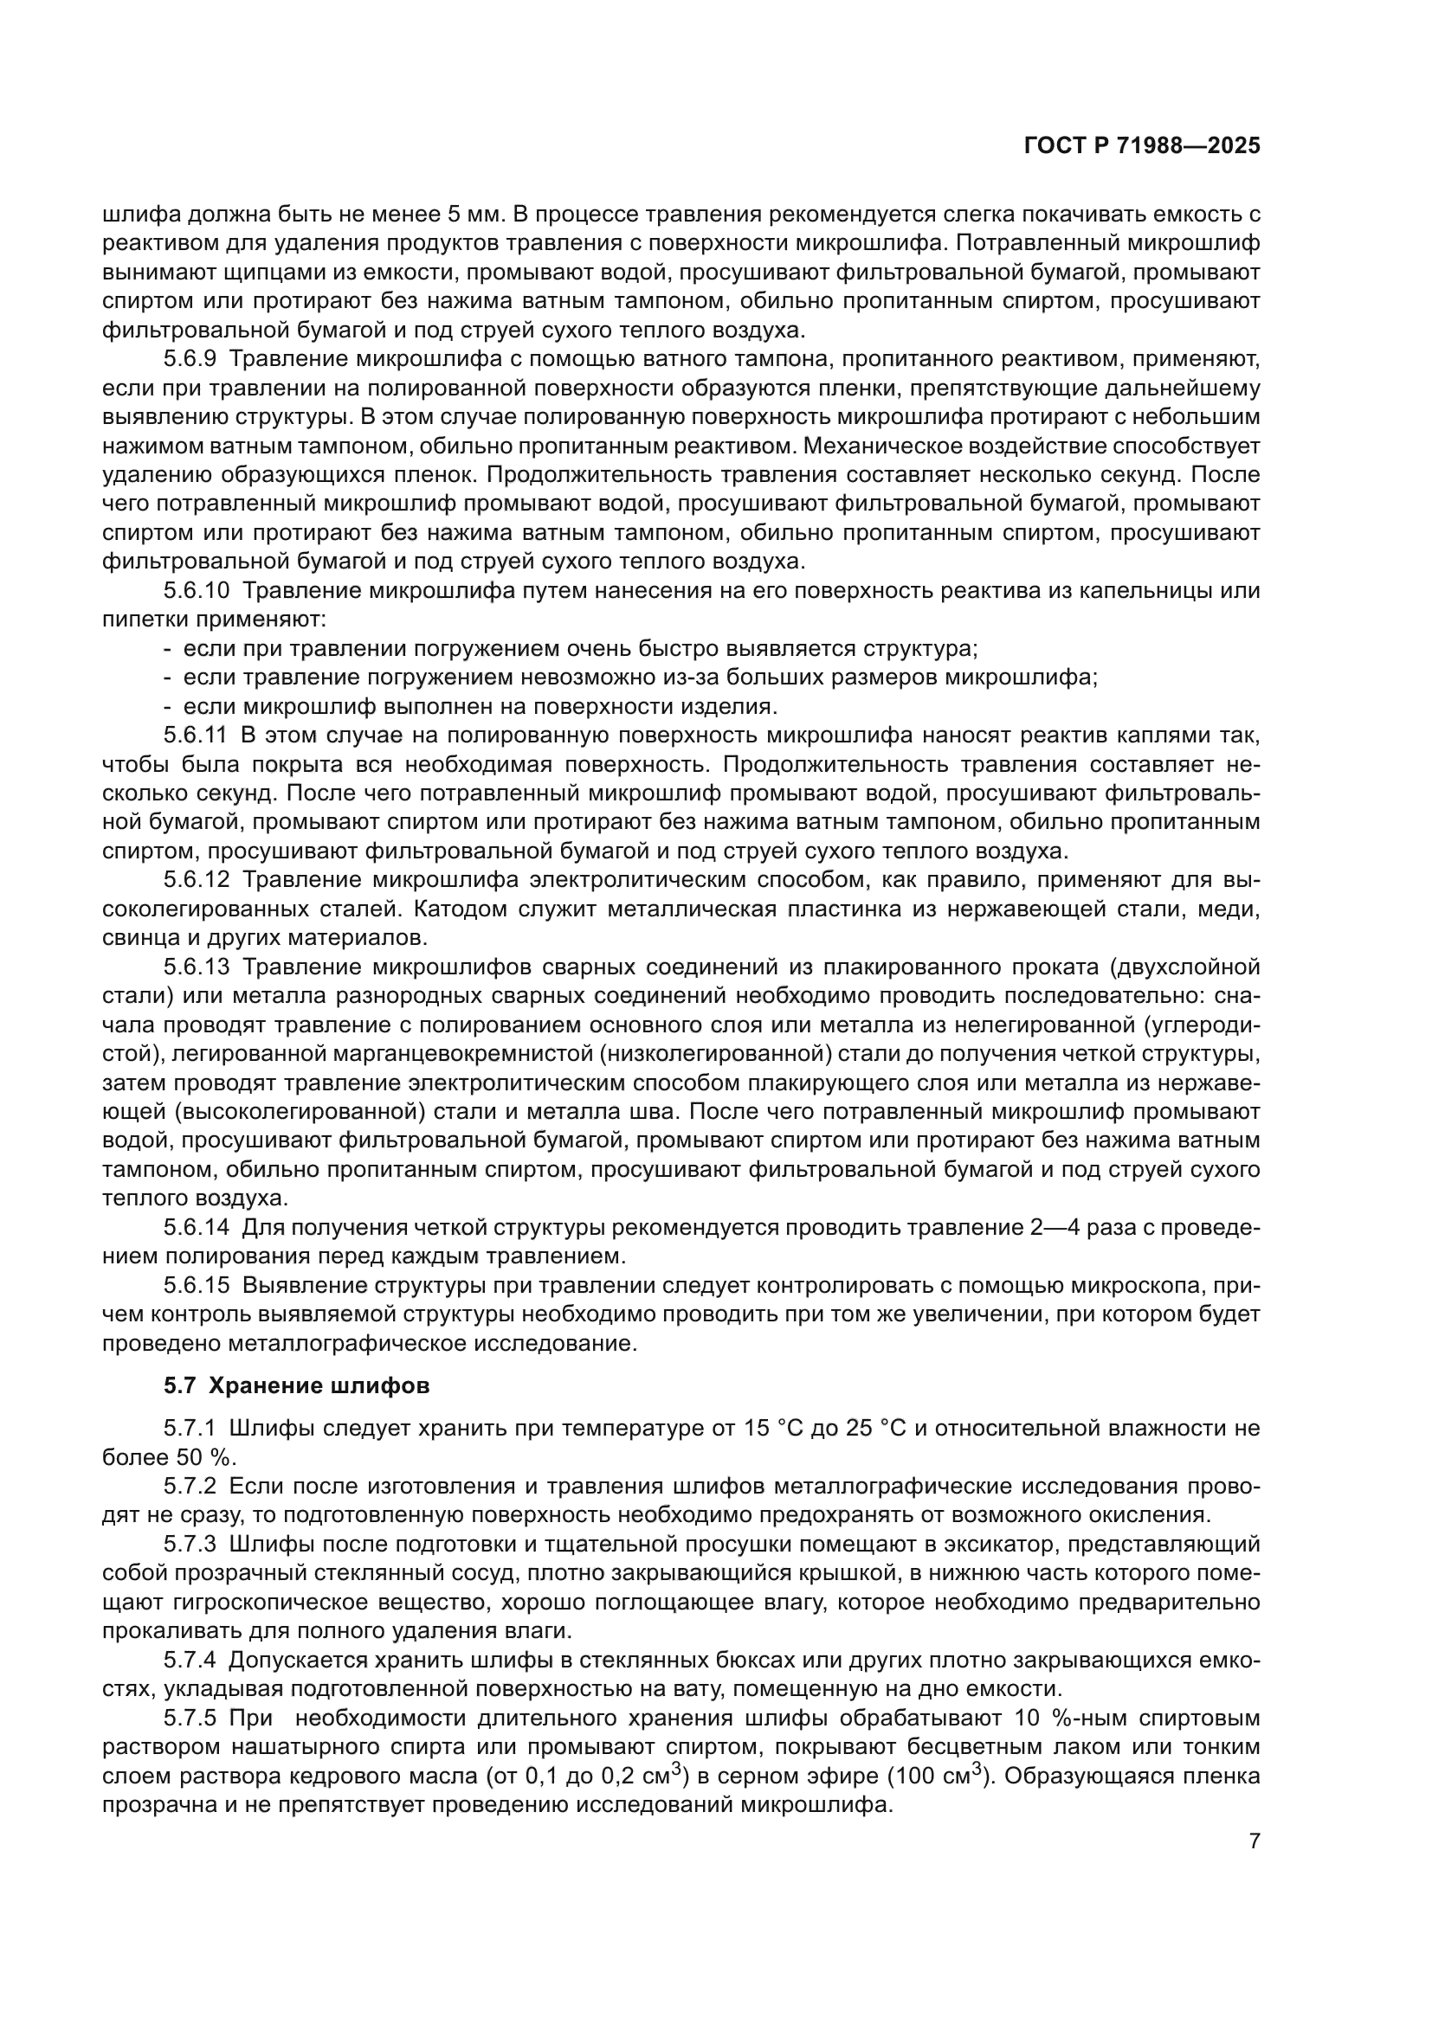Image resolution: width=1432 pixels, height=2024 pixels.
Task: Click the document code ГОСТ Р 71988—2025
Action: (1142, 146)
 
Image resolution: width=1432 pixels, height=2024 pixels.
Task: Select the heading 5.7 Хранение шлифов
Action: (296, 1385)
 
